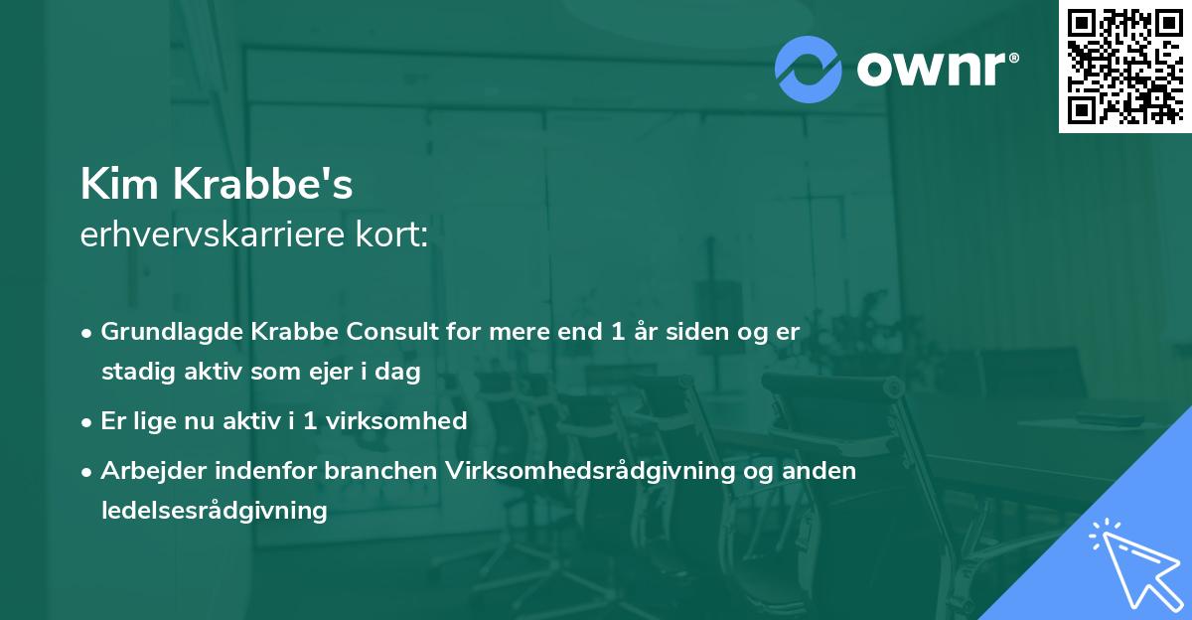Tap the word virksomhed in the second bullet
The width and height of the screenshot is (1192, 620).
pyautogui.click(x=403, y=421)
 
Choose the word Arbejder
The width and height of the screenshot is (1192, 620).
pyautogui.click(x=146, y=471)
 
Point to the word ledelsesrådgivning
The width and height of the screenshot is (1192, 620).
pyautogui.click(x=214, y=511)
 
